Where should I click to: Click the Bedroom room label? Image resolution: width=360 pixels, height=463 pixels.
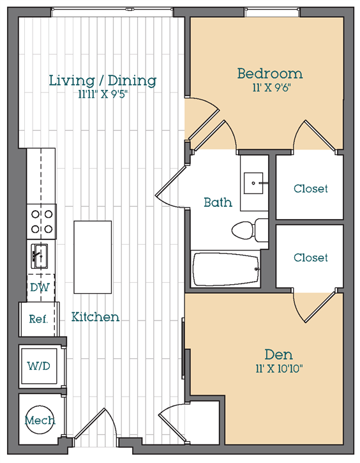pyautogui.click(x=270, y=73)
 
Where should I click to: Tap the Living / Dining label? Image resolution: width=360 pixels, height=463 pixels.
pyautogui.click(x=102, y=80)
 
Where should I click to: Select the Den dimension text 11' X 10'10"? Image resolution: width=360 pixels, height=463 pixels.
pyautogui.click(x=279, y=369)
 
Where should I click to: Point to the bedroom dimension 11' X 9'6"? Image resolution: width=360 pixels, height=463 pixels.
pyautogui.click(x=270, y=87)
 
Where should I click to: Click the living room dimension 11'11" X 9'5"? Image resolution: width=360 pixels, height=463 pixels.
pyautogui.click(x=103, y=95)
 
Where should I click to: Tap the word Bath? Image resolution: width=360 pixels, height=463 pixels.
pyautogui.click(x=218, y=202)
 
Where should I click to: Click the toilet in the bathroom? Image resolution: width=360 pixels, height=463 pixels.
pyautogui.click(x=250, y=230)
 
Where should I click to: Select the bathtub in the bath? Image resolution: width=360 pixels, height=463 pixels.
pyautogui.click(x=226, y=269)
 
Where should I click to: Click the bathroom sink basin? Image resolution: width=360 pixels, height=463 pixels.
pyautogui.click(x=253, y=183)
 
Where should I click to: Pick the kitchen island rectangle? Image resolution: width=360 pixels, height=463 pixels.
pyautogui.click(x=93, y=257)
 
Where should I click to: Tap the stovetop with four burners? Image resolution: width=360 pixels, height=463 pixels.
pyautogui.click(x=41, y=222)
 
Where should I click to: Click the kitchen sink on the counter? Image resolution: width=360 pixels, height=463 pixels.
pyautogui.click(x=40, y=256)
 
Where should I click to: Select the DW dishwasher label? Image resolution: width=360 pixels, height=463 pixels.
pyautogui.click(x=40, y=287)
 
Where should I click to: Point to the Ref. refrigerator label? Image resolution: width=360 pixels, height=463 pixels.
pyautogui.click(x=38, y=319)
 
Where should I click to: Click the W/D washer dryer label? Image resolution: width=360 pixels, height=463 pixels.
pyautogui.click(x=39, y=366)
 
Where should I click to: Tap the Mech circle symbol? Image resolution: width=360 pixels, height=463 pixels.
pyautogui.click(x=40, y=420)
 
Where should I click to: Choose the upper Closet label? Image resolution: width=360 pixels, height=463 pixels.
pyautogui.click(x=310, y=188)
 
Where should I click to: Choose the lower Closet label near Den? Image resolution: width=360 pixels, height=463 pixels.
pyautogui.click(x=310, y=258)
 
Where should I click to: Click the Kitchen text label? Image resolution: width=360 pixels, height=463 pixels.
pyautogui.click(x=95, y=317)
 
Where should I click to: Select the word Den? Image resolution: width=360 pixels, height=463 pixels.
pyautogui.click(x=278, y=354)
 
